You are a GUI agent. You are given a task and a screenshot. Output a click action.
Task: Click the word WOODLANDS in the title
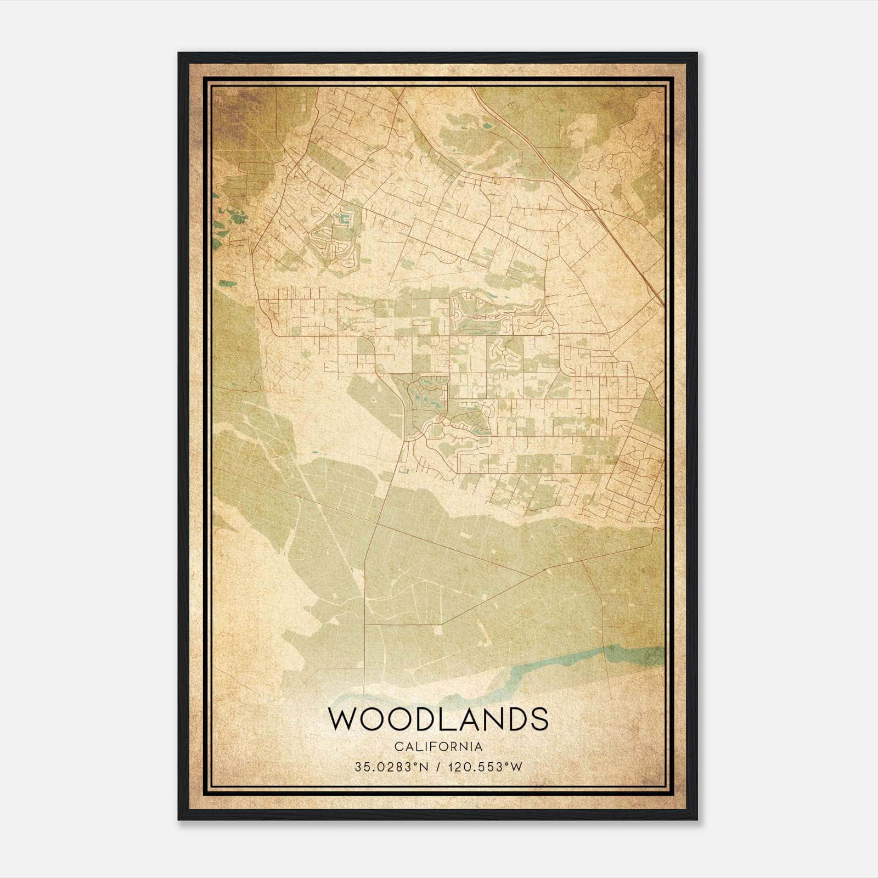coord(438,719)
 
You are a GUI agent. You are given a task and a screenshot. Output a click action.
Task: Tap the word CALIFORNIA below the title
coord(438,747)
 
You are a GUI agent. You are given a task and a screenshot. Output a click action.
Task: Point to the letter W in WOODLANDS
coord(343,719)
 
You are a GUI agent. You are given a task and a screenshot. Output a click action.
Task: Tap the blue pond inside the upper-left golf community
coord(345,219)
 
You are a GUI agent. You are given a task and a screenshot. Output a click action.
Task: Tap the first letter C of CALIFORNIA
coord(397,747)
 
